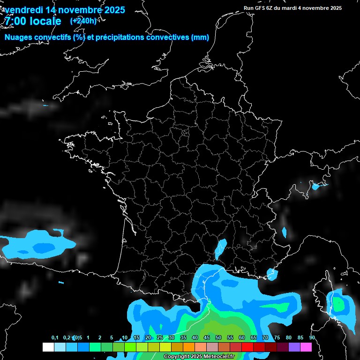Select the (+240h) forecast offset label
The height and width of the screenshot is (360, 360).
(x=83, y=21)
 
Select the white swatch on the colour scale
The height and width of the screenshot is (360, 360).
(x=48, y=347)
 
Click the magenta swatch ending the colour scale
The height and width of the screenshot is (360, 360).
(x=307, y=347)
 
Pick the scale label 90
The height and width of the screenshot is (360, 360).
(x=312, y=337)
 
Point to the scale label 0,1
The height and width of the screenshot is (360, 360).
(x=55, y=337)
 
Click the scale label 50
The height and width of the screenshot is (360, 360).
(x=218, y=337)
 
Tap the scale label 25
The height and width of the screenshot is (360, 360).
(x=160, y=337)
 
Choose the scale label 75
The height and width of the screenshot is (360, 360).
(x=277, y=337)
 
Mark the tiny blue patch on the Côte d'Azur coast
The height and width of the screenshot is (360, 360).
(x=270, y=273)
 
